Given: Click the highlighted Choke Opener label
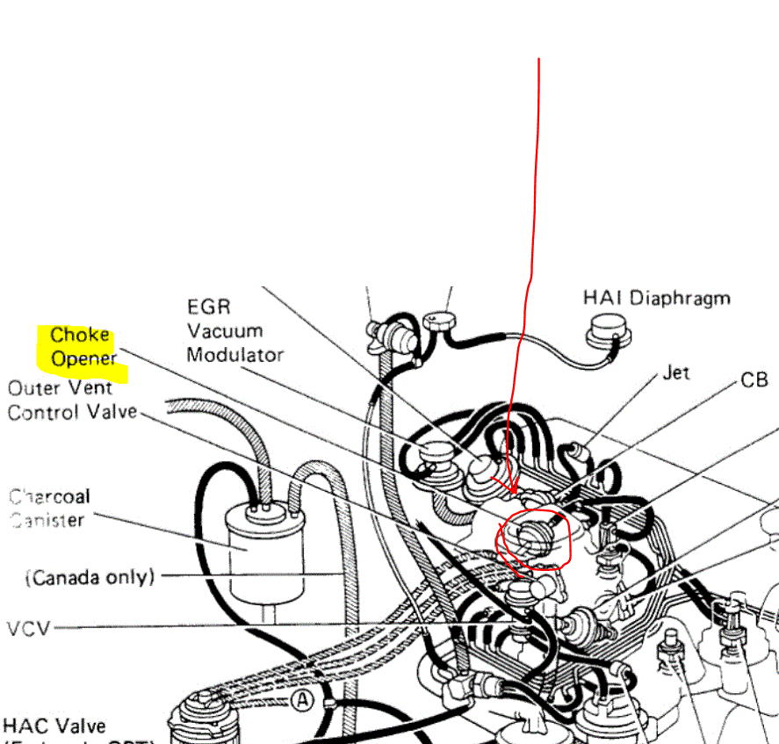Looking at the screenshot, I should pos(81,347).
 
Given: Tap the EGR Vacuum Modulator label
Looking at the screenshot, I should pos(234,331).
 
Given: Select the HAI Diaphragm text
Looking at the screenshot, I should pos(656,298).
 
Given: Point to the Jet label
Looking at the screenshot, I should pos(675,372).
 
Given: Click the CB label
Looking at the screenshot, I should pos(754,379).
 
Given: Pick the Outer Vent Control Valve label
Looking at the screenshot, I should pos(71,400).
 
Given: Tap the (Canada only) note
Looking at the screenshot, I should pos(90,577).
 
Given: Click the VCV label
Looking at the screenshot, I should pos(28,629).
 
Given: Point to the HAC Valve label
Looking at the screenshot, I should pos(54,726).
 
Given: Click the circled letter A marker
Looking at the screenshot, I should pos(303,700).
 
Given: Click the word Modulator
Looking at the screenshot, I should pos(234,355).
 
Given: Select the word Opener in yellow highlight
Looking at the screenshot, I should pos(83,358).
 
